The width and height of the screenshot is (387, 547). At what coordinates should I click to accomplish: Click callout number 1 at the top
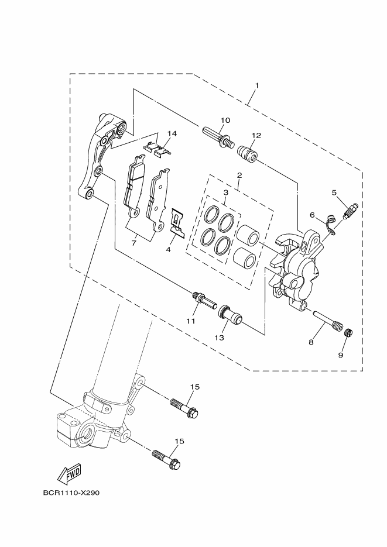(x=256, y=86)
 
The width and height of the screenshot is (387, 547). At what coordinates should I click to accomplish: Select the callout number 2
(x=239, y=175)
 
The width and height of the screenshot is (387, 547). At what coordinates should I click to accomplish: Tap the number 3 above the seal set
(x=225, y=192)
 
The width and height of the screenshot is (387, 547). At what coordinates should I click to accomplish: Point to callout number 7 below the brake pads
(x=134, y=242)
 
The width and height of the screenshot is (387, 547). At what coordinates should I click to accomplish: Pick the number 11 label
(x=190, y=321)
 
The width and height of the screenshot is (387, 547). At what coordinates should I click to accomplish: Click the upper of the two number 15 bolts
(x=184, y=408)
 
